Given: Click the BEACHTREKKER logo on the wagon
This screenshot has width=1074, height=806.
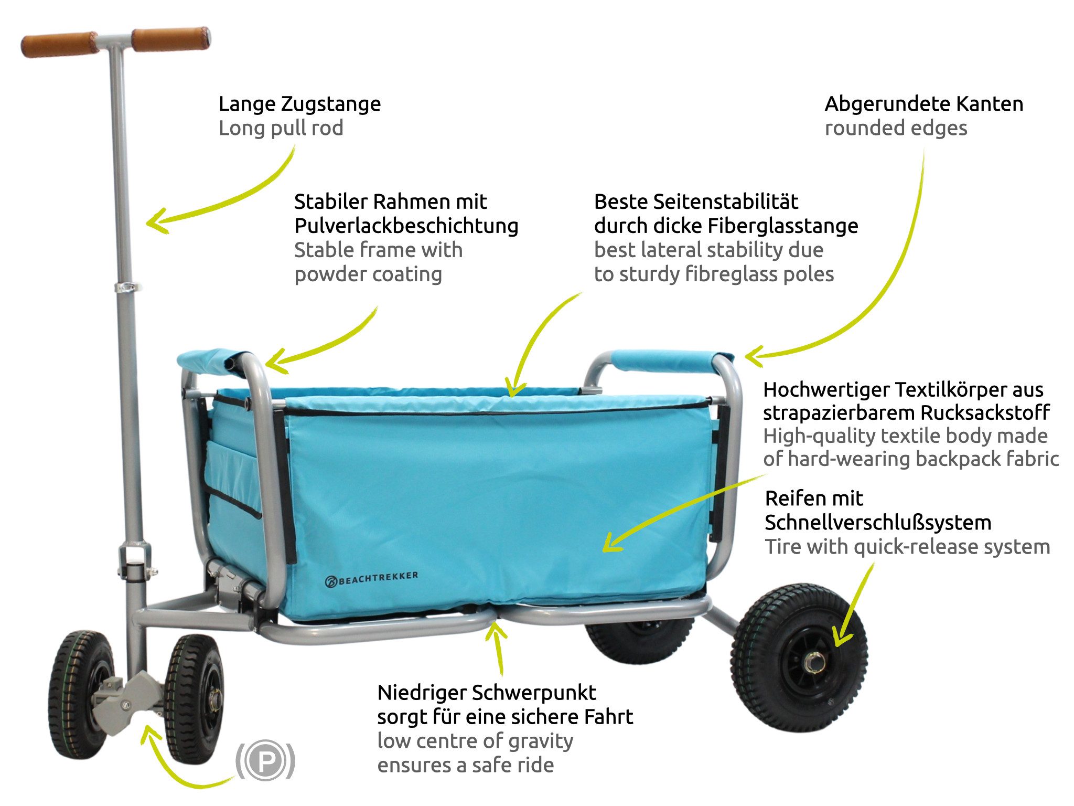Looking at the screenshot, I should [x=372, y=579].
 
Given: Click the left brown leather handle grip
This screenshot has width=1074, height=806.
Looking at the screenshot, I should [x=59, y=45].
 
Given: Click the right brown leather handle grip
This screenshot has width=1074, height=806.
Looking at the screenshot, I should [x=170, y=39].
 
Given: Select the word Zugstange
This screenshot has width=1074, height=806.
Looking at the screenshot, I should [x=331, y=104].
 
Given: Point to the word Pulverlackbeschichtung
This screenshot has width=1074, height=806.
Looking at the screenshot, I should [x=406, y=226].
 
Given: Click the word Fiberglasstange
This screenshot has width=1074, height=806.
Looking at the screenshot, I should [x=783, y=226].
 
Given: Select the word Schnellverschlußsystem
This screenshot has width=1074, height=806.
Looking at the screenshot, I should [x=878, y=523].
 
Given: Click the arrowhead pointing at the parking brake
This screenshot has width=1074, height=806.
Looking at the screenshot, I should [x=149, y=734].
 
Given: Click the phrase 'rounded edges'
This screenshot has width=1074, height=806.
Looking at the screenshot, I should [x=896, y=129].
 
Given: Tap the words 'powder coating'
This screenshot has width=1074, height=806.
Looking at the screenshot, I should [x=368, y=274].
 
